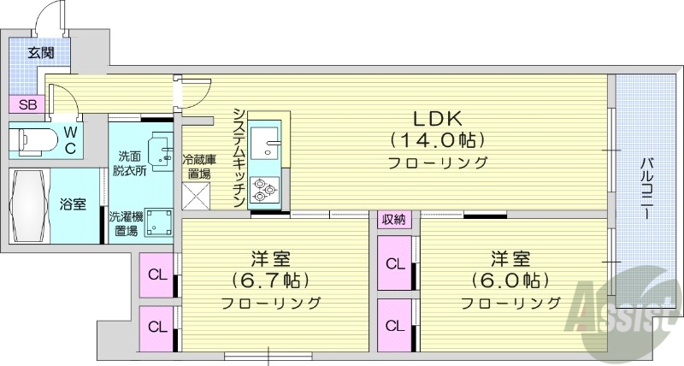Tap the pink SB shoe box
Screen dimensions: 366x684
tap(27, 105)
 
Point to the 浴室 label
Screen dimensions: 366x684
tap(71, 205)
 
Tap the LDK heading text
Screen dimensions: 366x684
tap(438, 117)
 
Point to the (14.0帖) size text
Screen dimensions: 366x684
tap(438, 139)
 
